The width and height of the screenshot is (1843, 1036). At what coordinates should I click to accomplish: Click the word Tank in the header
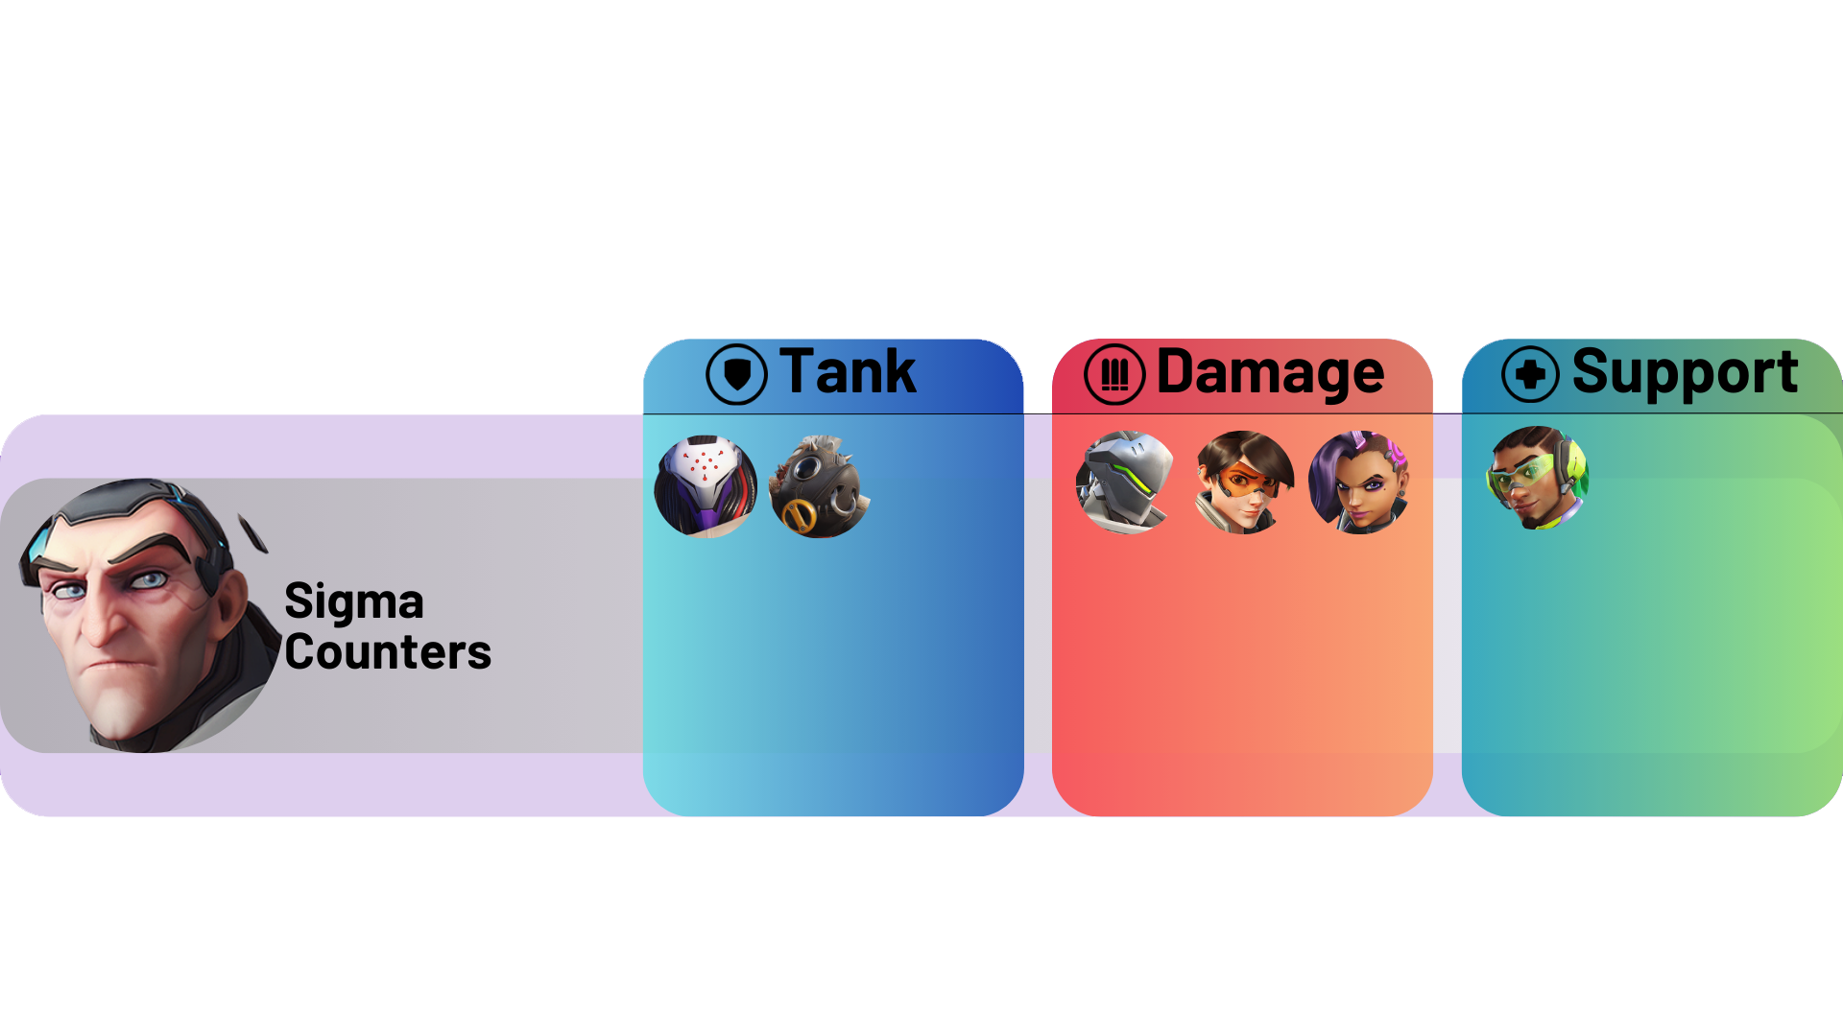coord(848,372)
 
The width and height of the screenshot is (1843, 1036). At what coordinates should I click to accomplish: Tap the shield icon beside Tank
coord(736,374)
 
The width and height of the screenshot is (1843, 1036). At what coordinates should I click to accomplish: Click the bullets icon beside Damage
coord(1114,374)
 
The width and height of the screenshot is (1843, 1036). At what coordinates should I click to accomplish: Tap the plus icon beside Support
coord(1530,374)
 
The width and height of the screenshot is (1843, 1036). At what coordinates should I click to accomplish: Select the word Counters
coord(388,652)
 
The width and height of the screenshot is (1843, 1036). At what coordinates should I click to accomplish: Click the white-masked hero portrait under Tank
coord(706,486)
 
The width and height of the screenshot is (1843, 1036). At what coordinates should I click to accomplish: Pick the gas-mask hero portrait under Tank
coord(820,486)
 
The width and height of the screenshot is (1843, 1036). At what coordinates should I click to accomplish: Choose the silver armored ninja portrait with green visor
coord(1126,483)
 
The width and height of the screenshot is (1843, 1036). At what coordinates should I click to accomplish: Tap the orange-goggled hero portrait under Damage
coord(1243,483)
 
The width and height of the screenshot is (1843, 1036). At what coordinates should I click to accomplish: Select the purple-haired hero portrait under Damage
coord(1359,483)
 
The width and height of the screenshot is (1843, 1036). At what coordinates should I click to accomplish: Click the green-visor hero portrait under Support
coord(1537,478)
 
